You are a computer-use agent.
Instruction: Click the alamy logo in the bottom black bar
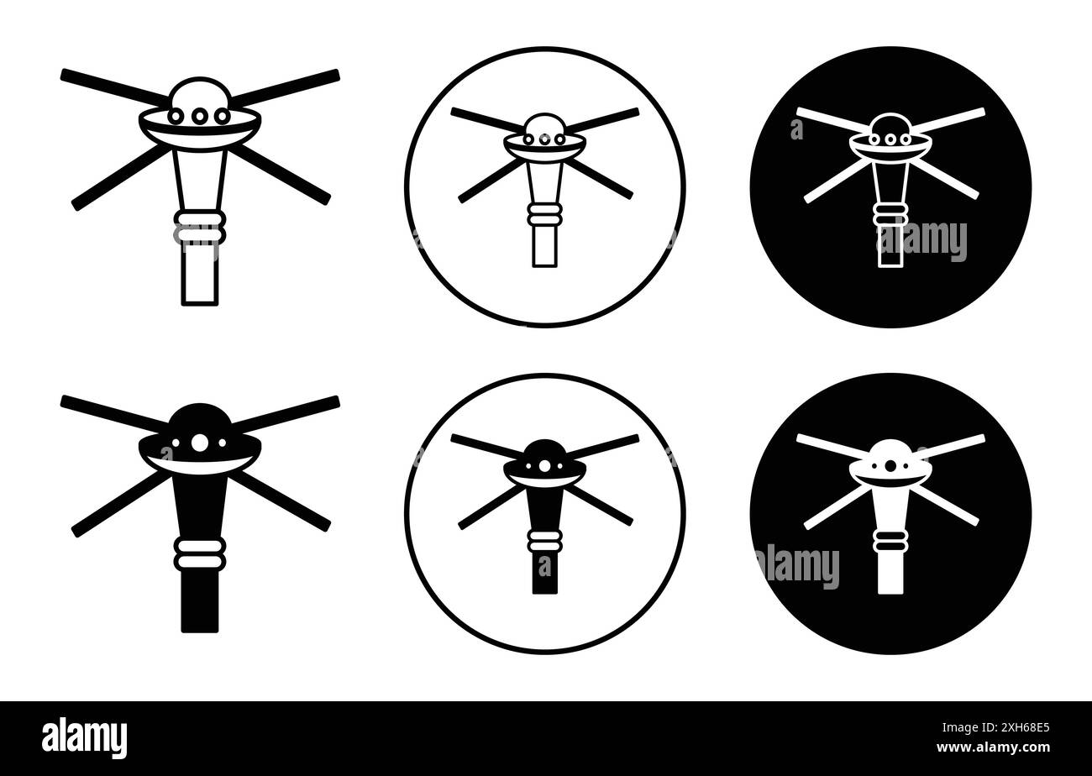[84, 738]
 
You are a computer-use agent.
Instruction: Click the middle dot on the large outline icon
[200, 117]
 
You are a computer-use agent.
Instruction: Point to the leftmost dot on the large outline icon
[177, 117]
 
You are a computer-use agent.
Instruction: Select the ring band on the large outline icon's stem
[200, 226]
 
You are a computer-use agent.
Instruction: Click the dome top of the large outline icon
[200, 90]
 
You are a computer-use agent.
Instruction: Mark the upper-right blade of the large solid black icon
[286, 412]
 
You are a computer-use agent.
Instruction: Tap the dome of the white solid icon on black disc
[890, 449]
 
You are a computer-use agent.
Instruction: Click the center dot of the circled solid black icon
[545, 465]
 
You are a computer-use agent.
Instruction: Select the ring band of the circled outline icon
[545, 214]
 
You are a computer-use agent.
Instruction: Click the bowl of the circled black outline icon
[545, 149]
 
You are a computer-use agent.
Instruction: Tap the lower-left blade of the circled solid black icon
[491, 508]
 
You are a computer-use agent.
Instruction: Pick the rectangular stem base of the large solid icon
[200, 601]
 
